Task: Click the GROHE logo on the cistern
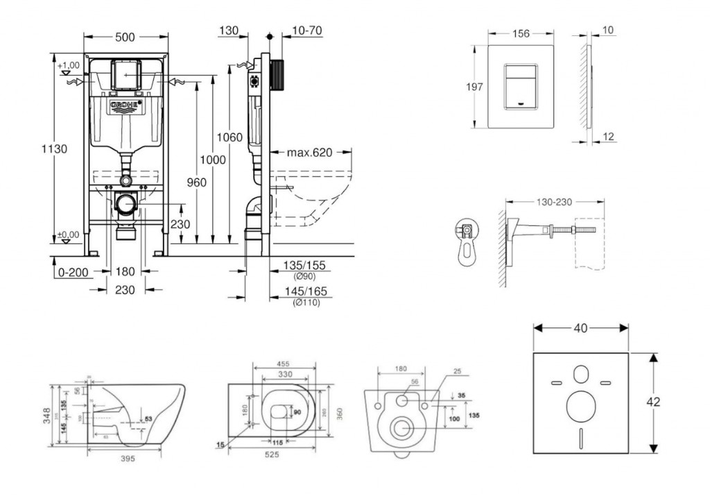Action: tap(125, 105)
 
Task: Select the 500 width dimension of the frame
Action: tap(125, 38)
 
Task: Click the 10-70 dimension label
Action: tap(307, 31)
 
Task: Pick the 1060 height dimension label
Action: tap(230, 137)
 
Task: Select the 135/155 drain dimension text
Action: tap(306, 266)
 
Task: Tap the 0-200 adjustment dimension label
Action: tap(73, 272)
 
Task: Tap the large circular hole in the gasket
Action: tap(580, 407)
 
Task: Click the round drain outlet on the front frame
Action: tap(125, 205)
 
